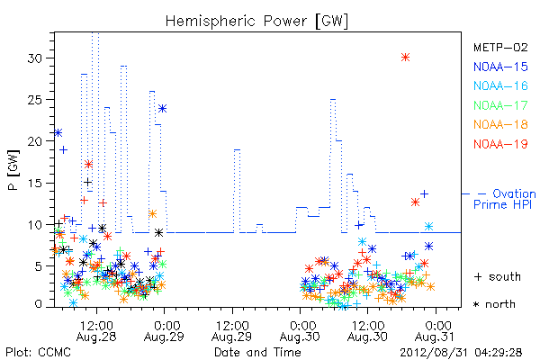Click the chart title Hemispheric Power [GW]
(x=256, y=21)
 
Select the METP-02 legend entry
(x=500, y=47)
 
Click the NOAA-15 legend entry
(x=500, y=67)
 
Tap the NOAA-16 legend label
(x=500, y=85)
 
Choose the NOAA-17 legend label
(x=500, y=105)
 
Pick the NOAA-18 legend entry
(x=500, y=124)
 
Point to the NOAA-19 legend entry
(x=500, y=144)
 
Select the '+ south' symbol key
(x=498, y=276)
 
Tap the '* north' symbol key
(x=494, y=304)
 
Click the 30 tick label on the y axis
(x=35, y=58)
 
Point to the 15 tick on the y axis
(x=35, y=183)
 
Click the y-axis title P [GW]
(x=13, y=170)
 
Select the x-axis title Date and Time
(x=257, y=352)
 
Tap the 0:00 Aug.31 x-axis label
(x=436, y=330)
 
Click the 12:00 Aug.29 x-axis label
(x=232, y=330)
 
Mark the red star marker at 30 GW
(x=405, y=58)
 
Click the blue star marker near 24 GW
(x=163, y=109)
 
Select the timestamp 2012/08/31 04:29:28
(x=461, y=353)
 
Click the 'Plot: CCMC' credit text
(x=38, y=353)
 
